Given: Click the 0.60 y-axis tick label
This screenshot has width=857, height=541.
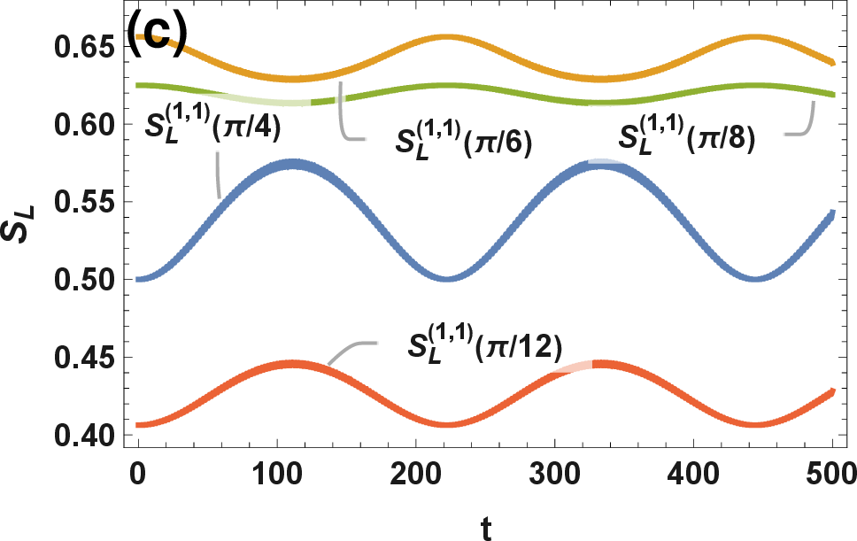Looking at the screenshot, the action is pyautogui.click(x=85, y=125).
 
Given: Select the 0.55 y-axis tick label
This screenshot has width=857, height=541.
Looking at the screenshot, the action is pyautogui.click(x=85, y=202).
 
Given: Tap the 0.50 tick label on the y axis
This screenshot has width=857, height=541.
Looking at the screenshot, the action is pyautogui.click(x=85, y=280).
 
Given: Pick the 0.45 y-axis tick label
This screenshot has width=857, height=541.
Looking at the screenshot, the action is pyautogui.click(x=85, y=358).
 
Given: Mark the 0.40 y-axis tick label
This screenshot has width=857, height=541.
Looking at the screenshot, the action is pyautogui.click(x=85, y=435).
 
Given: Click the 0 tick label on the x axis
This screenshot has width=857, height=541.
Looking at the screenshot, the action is pyautogui.click(x=138, y=473).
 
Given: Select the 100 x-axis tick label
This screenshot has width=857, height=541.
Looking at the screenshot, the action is pyautogui.click(x=277, y=473).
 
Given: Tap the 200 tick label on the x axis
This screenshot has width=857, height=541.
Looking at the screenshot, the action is pyautogui.click(x=416, y=473).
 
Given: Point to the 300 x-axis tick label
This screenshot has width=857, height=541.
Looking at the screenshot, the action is pyautogui.click(x=555, y=473).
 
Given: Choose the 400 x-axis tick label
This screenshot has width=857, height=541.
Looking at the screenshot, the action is pyautogui.click(x=693, y=473).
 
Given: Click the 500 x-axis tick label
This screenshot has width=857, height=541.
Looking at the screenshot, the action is pyautogui.click(x=830, y=473).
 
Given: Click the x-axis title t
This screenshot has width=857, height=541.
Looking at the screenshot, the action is pyautogui.click(x=486, y=527).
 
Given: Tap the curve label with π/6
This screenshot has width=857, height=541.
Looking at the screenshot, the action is pyautogui.click(x=464, y=141).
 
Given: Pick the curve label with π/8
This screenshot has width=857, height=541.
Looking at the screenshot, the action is pyautogui.click(x=687, y=136).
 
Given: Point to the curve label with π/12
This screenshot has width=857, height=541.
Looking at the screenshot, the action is pyautogui.click(x=485, y=345).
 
